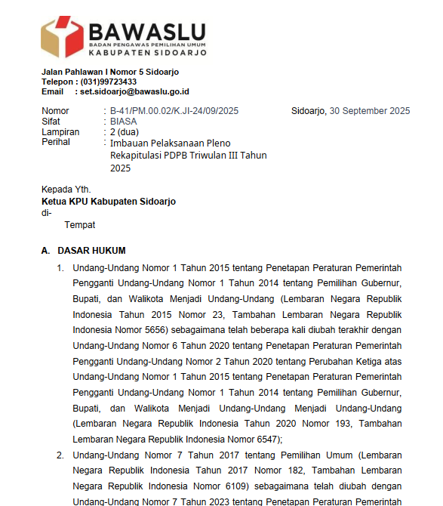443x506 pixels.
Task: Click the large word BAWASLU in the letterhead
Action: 147,32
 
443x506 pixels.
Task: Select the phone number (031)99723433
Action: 109,82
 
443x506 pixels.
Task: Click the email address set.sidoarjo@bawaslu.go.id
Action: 132,91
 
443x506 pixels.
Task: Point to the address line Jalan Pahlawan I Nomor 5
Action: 109,72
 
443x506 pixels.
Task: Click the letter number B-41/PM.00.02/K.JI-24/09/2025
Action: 174,111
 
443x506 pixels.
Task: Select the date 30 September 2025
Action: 370,111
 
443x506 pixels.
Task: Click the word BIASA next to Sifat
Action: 125,122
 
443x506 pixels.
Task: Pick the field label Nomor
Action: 55,111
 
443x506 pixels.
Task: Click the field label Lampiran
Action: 60,132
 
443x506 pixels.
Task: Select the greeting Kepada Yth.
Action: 66,190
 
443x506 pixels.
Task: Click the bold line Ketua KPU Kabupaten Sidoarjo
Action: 109,202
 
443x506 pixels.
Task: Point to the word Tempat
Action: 80,224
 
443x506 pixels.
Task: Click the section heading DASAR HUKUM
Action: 91,251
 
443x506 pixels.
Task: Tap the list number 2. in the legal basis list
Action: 60,455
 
